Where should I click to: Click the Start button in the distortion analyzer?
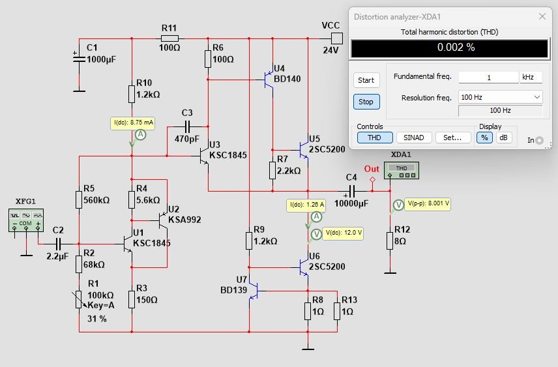click(366, 80)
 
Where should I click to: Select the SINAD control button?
click(414, 138)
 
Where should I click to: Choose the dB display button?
click(503, 138)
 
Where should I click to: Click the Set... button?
click(453, 138)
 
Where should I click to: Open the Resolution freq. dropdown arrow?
click(537, 97)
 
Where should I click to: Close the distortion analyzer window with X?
click(542, 16)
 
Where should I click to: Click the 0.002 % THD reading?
click(456, 47)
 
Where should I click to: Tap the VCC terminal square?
click(336, 38)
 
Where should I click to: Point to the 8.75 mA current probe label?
click(134, 123)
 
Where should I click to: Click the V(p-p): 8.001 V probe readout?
click(428, 203)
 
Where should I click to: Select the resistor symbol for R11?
click(169, 38)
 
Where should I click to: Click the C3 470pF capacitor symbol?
click(187, 126)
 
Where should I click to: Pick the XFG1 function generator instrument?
click(26, 220)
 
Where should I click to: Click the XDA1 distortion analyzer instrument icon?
click(401, 171)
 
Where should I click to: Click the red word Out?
click(372, 169)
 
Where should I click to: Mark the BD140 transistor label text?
click(287, 79)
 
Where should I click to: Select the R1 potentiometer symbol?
click(79, 300)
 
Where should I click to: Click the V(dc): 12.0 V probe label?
click(343, 233)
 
